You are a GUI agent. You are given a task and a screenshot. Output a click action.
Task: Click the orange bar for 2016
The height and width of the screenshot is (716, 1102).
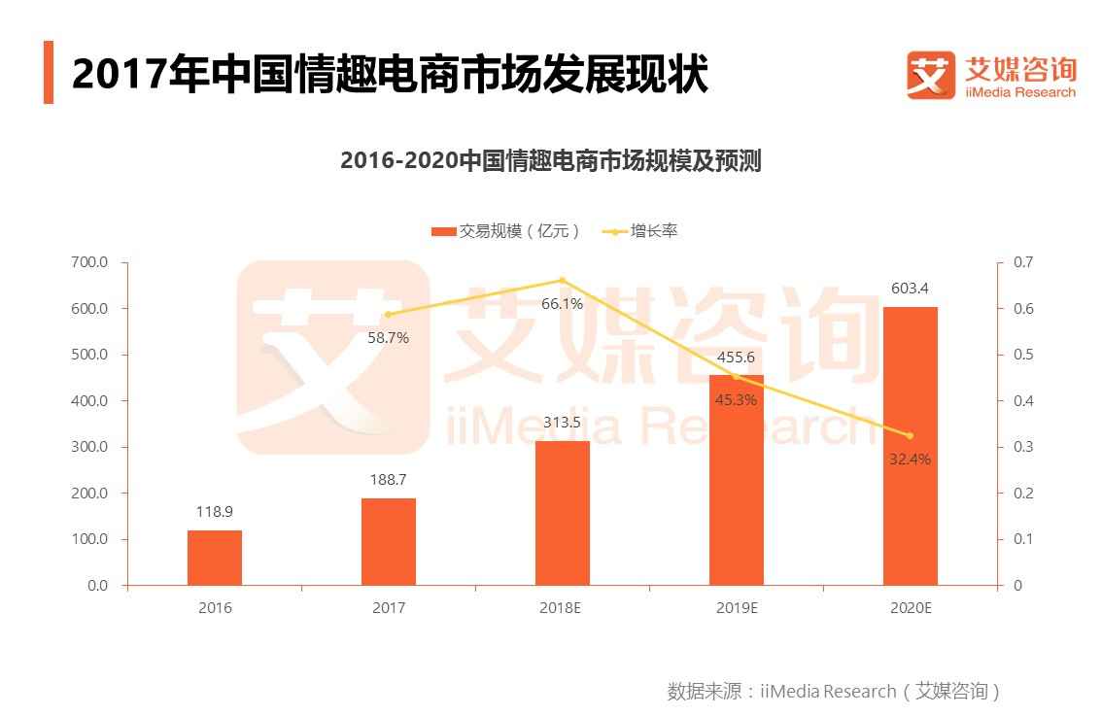(215, 558)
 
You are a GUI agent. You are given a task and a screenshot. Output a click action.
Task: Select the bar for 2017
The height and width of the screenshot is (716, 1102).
(389, 541)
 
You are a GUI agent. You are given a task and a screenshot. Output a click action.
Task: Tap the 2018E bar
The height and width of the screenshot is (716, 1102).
(563, 513)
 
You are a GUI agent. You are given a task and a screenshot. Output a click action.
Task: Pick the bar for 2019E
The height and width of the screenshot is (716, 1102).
(737, 480)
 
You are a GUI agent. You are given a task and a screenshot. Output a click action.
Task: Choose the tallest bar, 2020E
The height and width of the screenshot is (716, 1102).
(911, 446)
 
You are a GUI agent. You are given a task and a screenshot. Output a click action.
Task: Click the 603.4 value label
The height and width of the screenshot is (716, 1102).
(911, 289)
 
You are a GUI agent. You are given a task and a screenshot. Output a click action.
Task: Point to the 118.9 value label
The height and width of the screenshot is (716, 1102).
(215, 512)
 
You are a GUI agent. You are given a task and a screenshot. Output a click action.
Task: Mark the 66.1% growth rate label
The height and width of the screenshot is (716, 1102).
(562, 304)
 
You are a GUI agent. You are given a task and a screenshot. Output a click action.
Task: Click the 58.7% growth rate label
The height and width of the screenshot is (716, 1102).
(389, 338)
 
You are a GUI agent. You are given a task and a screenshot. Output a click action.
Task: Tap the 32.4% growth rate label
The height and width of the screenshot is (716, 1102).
(911, 459)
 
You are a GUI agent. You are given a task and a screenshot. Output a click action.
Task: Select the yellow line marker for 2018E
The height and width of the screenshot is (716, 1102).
(563, 280)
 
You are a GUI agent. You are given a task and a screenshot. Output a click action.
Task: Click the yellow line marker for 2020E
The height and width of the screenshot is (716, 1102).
(911, 435)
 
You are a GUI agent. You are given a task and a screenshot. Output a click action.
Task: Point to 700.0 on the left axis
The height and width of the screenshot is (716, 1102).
(89, 262)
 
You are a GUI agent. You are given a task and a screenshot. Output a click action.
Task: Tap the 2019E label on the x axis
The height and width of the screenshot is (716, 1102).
(737, 608)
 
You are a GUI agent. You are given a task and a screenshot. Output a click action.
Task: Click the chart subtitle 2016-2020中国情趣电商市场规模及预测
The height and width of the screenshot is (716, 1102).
(550, 160)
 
